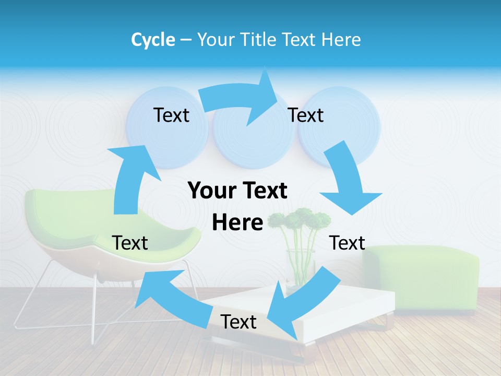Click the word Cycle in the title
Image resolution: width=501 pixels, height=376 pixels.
click(153, 40)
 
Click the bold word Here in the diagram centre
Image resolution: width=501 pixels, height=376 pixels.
click(237, 222)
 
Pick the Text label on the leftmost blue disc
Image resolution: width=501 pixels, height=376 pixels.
click(171, 115)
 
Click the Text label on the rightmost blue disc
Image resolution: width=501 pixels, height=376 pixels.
click(306, 115)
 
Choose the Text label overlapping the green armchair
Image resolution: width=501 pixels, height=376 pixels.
click(130, 243)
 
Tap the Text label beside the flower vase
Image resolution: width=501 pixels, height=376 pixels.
click(347, 243)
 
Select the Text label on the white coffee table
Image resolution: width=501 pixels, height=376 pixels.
click(238, 322)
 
